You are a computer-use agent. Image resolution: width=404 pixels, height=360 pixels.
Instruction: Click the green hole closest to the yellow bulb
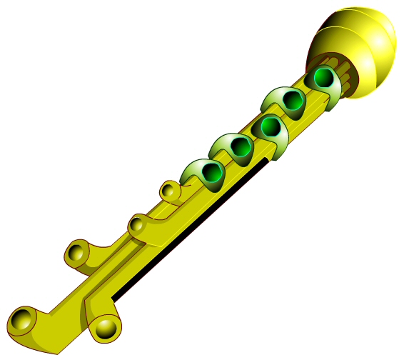pyautogui.click(x=324, y=77)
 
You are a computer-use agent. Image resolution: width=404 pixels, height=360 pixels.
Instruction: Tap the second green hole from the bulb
pyautogui.click(x=293, y=100)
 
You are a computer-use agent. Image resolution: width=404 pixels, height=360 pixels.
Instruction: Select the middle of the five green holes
pyautogui.click(x=269, y=127)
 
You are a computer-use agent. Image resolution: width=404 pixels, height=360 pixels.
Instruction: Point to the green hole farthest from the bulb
pyautogui.click(x=211, y=171)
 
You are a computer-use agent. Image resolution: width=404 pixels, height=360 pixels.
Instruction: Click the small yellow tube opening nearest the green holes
pyautogui.click(x=169, y=191)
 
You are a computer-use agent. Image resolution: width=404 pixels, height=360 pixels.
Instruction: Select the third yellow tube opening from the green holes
pyautogui.click(x=76, y=253)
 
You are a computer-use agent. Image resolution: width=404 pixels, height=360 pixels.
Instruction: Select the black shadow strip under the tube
pyautogui.click(x=193, y=229)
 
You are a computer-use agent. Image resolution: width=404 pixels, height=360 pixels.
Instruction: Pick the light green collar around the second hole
pyautogui.click(x=276, y=100)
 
